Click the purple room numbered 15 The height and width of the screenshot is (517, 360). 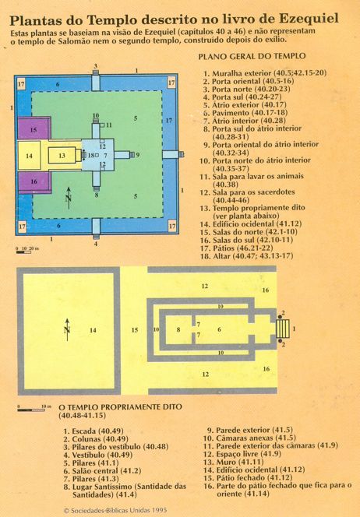(x=34, y=128)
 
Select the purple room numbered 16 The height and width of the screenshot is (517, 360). (x=34, y=182)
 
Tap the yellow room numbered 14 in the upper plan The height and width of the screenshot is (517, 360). (x=29, y=155)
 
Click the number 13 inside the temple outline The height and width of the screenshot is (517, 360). (x=62, y=155)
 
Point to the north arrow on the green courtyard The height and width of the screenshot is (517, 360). (x=69, y=198)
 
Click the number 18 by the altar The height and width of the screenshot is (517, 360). (x=91, y=155)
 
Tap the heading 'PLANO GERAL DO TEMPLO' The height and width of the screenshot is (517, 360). (x=252, y=56)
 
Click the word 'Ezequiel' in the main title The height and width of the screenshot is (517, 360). (x=309, y=19)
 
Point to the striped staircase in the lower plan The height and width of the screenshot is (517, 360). (x=283, y=329)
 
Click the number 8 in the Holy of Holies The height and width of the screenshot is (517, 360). (x=178, y=329)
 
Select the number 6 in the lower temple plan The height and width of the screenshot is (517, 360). (x=219, y=329)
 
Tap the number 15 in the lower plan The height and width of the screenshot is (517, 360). (x=135, y=330)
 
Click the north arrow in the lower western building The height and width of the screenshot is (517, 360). (x=67, y=329)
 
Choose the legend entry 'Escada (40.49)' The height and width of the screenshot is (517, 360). (x=94, y=431)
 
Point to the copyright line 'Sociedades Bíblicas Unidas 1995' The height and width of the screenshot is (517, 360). (x=115, y=511)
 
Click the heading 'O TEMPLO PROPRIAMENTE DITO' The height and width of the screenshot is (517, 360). (x=120, y=407)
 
